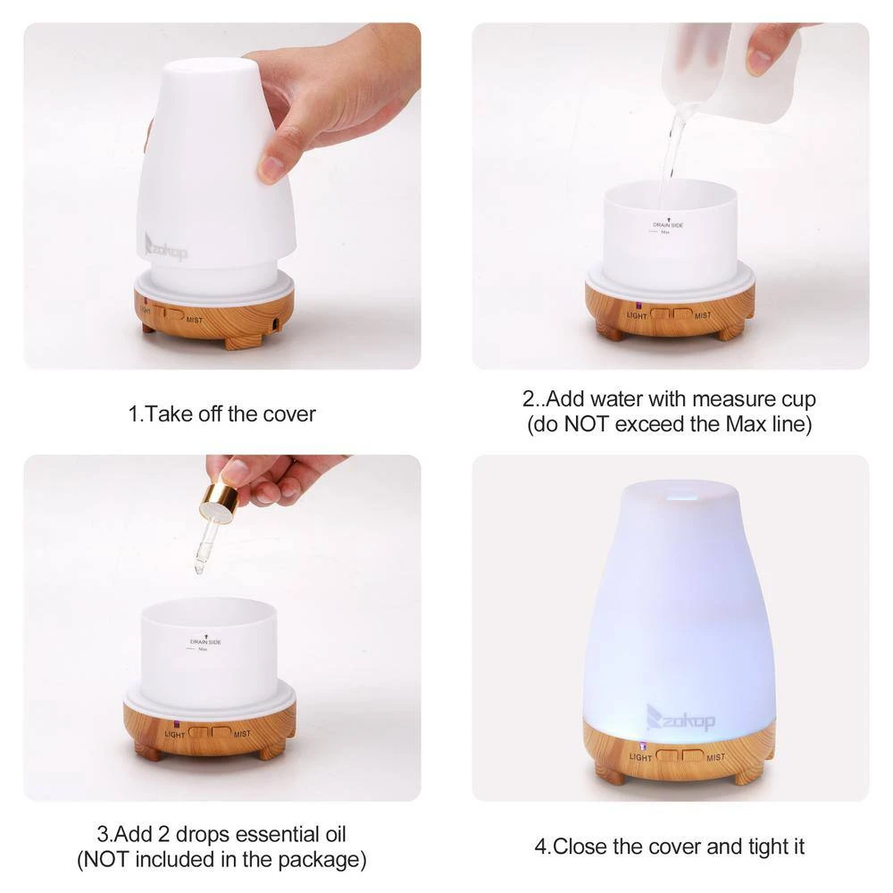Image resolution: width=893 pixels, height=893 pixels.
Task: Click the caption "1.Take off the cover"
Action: [x=221, y=414]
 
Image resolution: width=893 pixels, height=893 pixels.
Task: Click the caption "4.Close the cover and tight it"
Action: [x=670, y=846]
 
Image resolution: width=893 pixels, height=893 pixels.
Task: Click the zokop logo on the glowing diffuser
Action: [x=680, y=716]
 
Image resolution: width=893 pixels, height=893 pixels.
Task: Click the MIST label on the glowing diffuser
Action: [x=714, y=757]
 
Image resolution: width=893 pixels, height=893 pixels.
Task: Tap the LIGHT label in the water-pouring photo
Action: [x=637, y=315]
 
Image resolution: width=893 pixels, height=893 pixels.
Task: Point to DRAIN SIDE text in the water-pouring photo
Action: [x=668, y=226]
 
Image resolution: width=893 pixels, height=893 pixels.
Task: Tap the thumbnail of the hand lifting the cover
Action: [x=221, y=196]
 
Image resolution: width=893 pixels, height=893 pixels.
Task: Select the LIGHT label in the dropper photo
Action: [x=175, y=734]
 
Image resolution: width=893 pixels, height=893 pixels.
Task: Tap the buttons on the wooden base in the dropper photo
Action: [x=209, y=731]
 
